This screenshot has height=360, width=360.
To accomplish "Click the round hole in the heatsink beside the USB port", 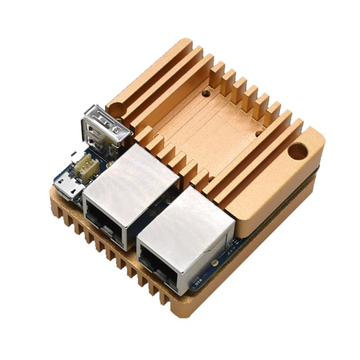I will (116, 109).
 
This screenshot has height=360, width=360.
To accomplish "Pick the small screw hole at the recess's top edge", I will (206, 94).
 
